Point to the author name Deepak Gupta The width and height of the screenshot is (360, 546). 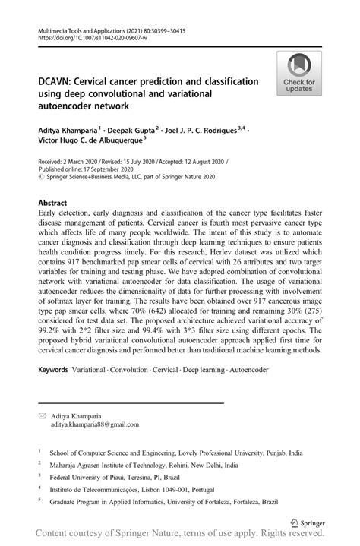[134, 129]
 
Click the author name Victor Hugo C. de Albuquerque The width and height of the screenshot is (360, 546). [98, 141]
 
